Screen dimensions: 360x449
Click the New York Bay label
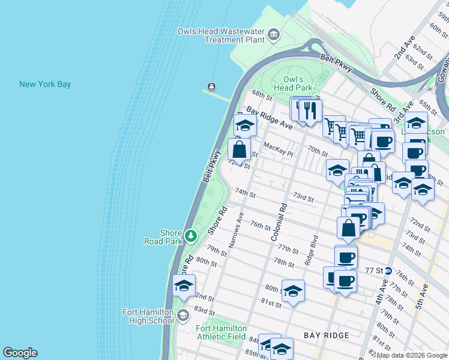45,84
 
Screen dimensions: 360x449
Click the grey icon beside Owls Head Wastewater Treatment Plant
274,34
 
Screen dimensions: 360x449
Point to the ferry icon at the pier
211,86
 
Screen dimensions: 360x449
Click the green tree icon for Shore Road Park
191,236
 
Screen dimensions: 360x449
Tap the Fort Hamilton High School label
148,316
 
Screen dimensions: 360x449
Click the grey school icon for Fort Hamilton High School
183,315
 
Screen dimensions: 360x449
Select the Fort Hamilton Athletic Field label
221,332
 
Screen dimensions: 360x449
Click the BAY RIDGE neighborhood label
325,335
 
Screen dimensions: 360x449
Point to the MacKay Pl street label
277,146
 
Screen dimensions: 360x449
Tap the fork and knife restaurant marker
310,110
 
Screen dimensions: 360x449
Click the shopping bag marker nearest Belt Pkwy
239,149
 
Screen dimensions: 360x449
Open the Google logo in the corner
20,353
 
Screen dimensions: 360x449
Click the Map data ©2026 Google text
412,355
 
